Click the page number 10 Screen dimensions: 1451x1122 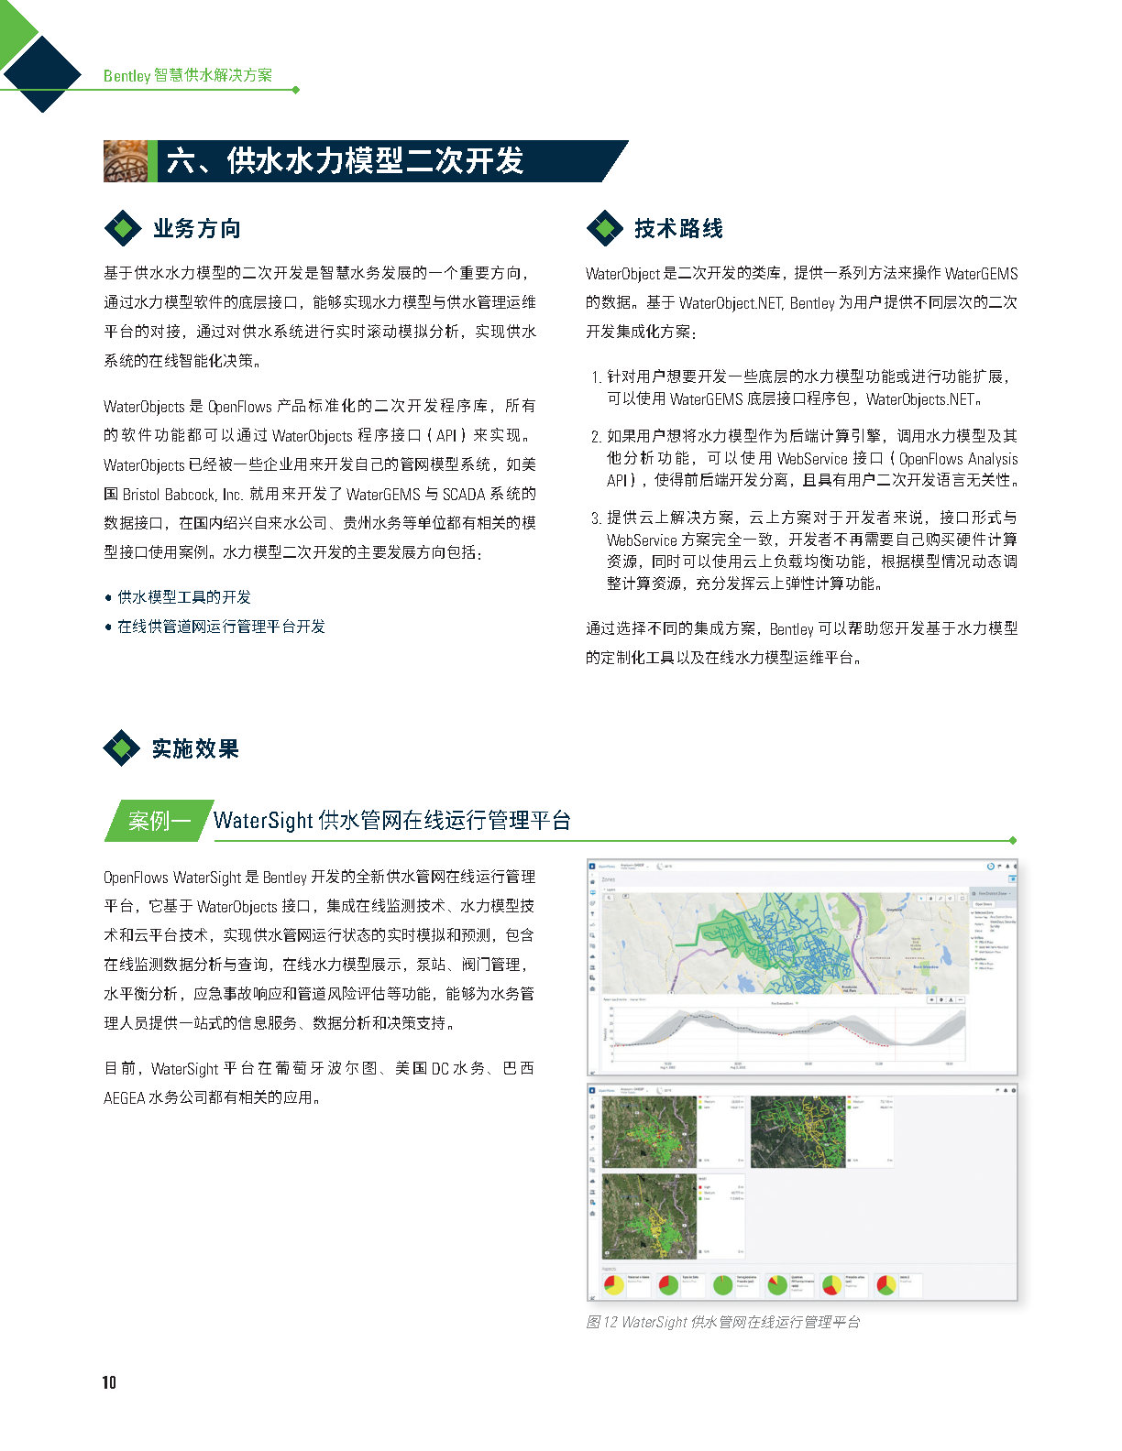109,1382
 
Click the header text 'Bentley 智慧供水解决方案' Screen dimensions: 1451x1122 187,75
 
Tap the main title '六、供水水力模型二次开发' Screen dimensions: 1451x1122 345,161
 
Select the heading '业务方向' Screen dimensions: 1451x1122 196,228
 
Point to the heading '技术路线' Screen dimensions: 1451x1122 678,228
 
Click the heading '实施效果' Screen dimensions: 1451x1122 195,748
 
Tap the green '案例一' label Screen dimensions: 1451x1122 158,820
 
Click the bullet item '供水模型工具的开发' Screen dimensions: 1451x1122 184,597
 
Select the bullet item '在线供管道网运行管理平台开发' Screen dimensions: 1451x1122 221,627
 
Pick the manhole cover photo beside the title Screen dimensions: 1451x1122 126,161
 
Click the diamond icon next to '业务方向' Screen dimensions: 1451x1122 123,228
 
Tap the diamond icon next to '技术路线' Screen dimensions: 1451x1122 604,228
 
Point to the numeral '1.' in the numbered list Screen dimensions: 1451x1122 596,376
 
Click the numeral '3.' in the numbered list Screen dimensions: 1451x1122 596,518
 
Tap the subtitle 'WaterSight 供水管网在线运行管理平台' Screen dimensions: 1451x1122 391,820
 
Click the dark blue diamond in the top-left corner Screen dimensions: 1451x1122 42,72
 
